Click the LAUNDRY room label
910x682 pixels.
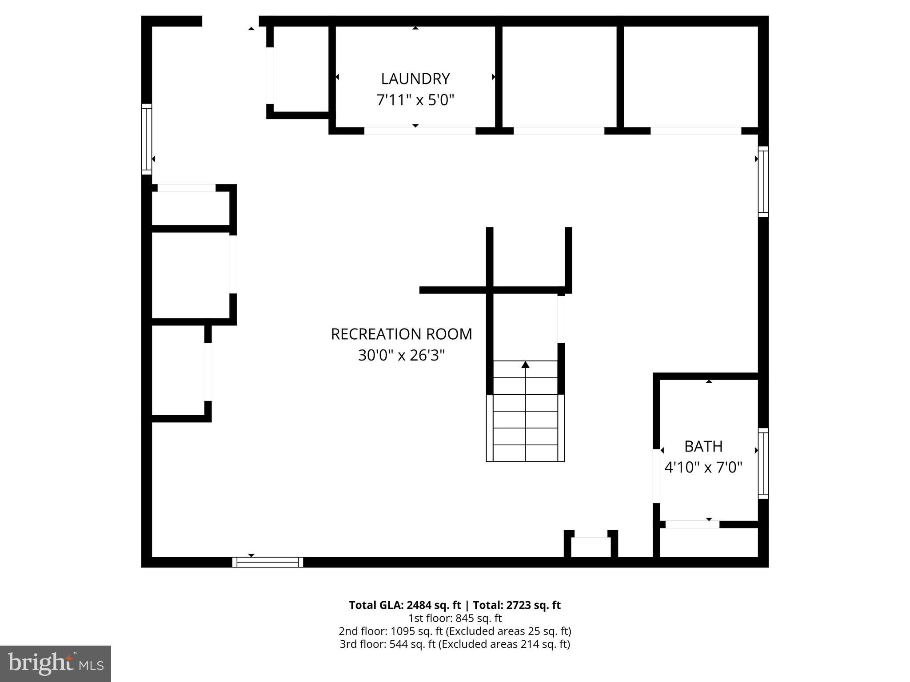(x=415, y=79)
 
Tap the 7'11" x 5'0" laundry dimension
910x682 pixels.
(x=415, y=100)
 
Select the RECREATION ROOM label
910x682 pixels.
(x=401, y=334)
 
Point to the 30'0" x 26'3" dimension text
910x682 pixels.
(x=401, y=356)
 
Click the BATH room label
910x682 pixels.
(x=703, y=446)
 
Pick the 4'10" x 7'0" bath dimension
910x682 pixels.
(x=703, y=468)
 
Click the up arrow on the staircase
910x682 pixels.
(x=525, y=365)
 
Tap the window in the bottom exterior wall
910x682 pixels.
(x=267, y=562)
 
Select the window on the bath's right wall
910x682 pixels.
(x=762, y=464)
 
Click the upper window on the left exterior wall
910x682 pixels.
(x=147, y=139)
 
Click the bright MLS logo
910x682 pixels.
(x=56, y=664)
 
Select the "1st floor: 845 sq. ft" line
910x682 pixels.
(x=455, y=618)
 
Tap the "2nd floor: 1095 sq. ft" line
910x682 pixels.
(x=455, y=631)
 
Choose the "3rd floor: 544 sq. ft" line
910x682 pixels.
(x=455, y=644)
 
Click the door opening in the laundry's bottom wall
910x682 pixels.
(x=419, y=131)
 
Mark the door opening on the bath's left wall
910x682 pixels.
(x=656, y=476)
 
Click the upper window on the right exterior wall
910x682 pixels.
(x=762, y=182)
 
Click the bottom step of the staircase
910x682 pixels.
(x=525, y=453)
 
